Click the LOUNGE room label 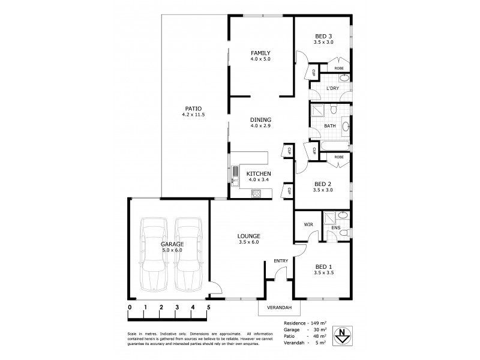248,236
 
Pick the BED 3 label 323,36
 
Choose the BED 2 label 323,184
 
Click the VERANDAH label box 279,308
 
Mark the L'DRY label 332,89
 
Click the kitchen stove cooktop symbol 256,193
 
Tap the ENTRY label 281,260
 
